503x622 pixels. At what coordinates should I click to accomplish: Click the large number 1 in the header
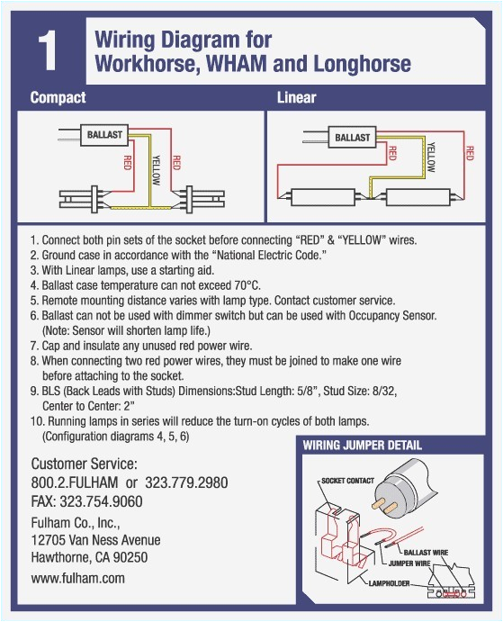[48, 51]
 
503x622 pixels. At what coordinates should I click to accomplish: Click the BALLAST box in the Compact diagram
[104, 135]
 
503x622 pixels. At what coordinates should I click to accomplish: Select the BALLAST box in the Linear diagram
[352, 138]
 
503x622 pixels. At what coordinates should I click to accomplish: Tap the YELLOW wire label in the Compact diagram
[157, 170]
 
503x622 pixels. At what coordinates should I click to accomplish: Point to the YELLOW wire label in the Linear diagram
[431, 158]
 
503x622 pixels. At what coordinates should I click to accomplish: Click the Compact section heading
[58, 97]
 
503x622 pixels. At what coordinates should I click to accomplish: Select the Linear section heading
[296, 97]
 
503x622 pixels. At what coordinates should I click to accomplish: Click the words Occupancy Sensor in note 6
[392, 316]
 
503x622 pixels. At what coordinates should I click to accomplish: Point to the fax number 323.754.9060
[101, 501]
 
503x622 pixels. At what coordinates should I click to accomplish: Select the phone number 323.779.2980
[186, 482]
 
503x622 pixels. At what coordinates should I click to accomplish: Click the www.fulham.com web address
[77, 578]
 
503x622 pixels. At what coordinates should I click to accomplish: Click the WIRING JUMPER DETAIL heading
[362, 445]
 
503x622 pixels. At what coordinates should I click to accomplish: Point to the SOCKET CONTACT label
[347, 481]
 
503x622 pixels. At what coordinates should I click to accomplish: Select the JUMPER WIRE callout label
[409, 563]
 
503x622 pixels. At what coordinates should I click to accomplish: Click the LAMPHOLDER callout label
[389, 583]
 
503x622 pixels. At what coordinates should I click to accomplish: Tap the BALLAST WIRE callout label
[426, 553]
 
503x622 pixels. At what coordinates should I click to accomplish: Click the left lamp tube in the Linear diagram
[322, 197]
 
